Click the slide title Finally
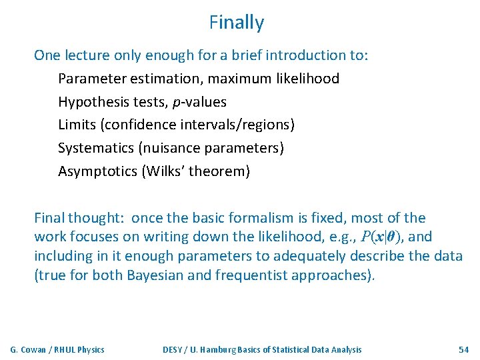[237, 23]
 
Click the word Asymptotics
[97, 171]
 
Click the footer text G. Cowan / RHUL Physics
[57, 349]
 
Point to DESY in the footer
[175, 349]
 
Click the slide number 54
[463, 349]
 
